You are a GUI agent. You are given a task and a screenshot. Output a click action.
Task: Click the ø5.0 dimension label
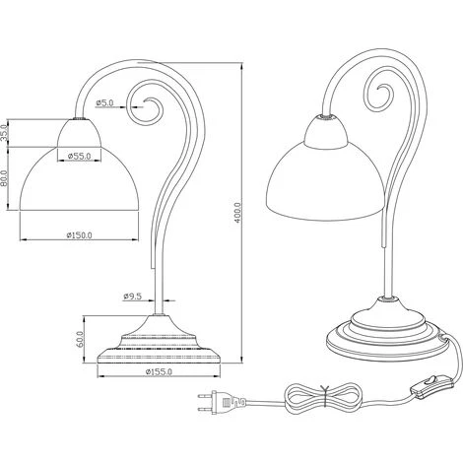(x=104, y=102)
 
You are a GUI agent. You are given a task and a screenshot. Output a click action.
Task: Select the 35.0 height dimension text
(x=4, y=133)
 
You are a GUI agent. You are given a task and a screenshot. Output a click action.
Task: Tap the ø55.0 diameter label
(x=79, y=156)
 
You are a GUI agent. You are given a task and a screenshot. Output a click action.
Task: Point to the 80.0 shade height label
(x=4, y=178)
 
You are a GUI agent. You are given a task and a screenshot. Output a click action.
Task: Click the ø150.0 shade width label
(x=79, y=235)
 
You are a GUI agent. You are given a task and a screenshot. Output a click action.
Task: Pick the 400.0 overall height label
(x=237, y=213)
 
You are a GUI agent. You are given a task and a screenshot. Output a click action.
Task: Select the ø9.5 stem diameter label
(x=132, y=297)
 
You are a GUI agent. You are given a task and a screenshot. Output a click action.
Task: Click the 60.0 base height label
(x=81, y=340)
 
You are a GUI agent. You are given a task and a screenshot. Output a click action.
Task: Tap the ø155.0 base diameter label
(x=159, y=371)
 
